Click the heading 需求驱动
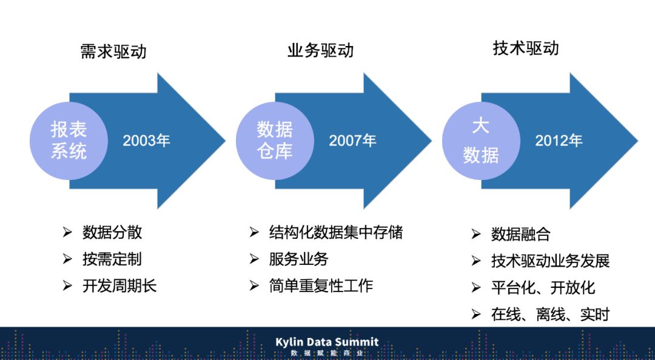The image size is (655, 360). (113, 52)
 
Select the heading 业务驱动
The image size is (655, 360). (320, 50)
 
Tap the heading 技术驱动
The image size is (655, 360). (526, 48)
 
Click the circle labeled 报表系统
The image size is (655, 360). (69, 141)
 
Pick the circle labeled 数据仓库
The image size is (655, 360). (275, 141)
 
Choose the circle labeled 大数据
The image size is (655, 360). (480, 141)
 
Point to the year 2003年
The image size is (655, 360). (146, 141)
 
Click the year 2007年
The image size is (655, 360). (352, 141)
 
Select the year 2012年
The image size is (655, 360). (559, 141)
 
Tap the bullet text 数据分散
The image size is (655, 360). (112, 232)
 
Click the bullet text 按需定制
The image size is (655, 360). (112, 259)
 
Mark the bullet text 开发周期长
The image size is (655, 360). (119, 286)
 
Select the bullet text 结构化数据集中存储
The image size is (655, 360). (336, 232)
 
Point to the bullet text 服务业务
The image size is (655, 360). (298, 259)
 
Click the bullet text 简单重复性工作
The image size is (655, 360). (321, 285)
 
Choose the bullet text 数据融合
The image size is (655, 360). (520, 235)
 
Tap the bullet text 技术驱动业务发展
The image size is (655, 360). (550, 261)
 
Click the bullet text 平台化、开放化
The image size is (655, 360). (543, 288)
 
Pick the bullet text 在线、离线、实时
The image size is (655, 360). (550, 315)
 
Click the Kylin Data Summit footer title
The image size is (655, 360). (327, 342)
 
